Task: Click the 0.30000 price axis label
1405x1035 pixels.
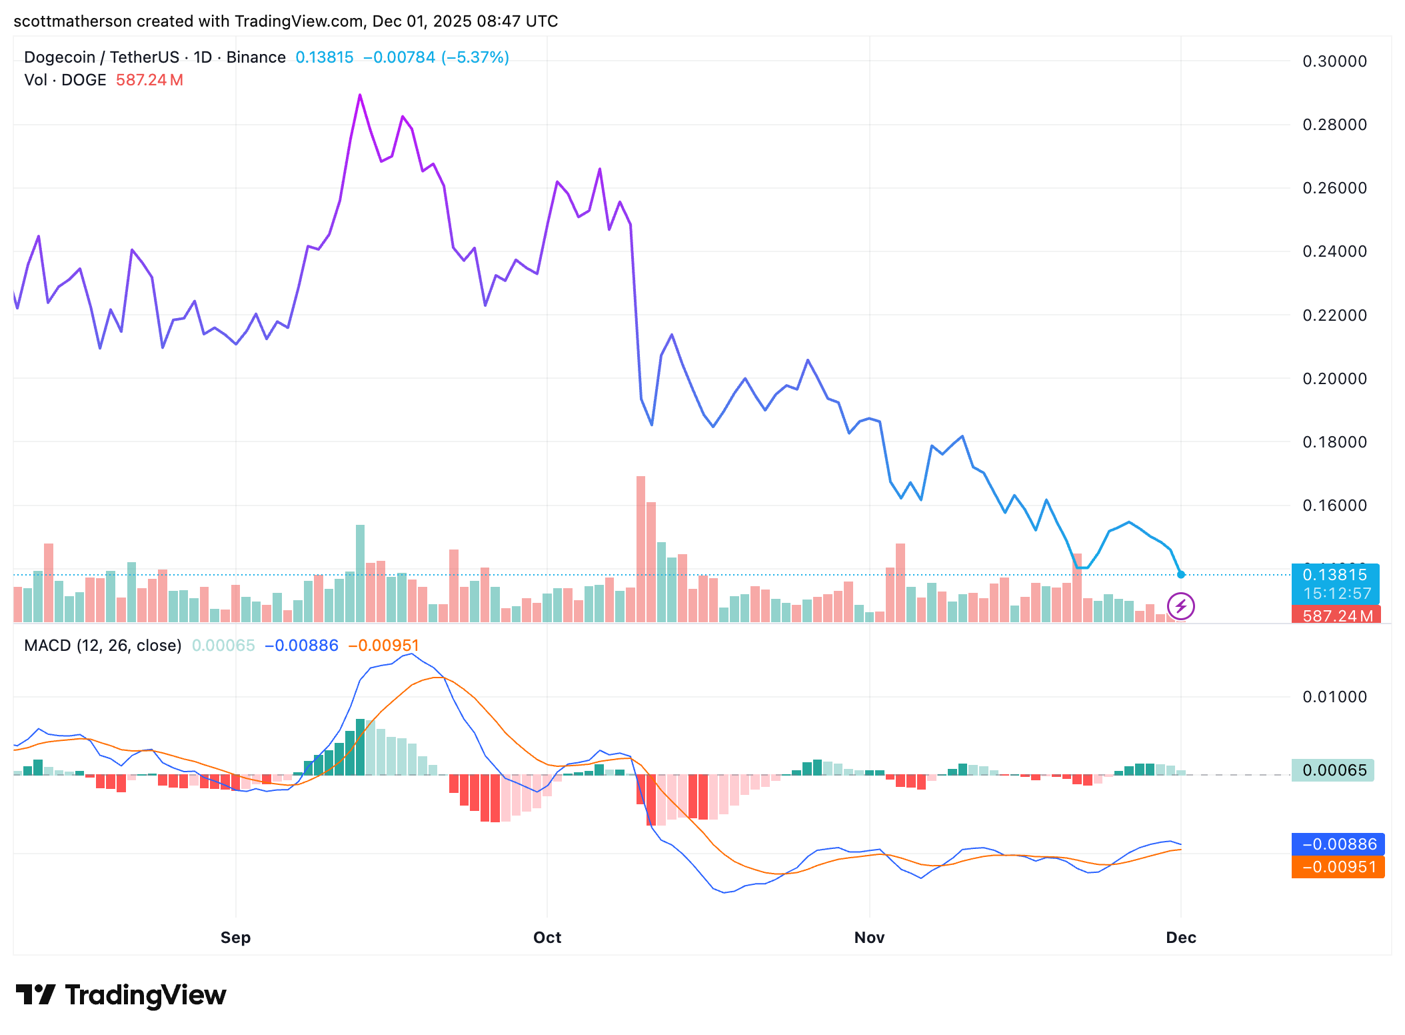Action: coord(1334,61)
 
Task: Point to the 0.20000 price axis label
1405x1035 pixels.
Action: coord(1334,379)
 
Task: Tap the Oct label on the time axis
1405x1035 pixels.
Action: coord(547,938)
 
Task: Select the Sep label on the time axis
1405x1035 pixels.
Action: coord(235,938)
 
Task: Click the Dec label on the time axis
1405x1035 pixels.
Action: coord(1181,938)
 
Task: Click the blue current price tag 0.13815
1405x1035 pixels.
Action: coord(1334,575)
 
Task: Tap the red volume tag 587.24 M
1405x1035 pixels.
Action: coord(1336,616)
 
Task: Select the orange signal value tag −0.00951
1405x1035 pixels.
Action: coord(1338,867)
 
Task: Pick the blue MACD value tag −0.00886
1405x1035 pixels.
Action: coord(1338,844)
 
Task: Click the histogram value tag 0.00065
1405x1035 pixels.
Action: coord(1333,770)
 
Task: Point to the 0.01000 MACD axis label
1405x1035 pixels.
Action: coord(1334,697)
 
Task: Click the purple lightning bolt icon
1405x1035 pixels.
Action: coord(1181,606)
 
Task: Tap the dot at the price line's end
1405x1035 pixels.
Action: coord(1181,574)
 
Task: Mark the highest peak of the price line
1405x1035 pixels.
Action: coord(360,95)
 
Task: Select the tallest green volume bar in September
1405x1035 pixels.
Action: coord(360,574)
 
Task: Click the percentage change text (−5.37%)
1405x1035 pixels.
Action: coord(475,57)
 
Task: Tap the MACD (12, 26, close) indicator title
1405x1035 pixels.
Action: coord(103,646)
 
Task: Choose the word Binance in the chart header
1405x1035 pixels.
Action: coord(256,57)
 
